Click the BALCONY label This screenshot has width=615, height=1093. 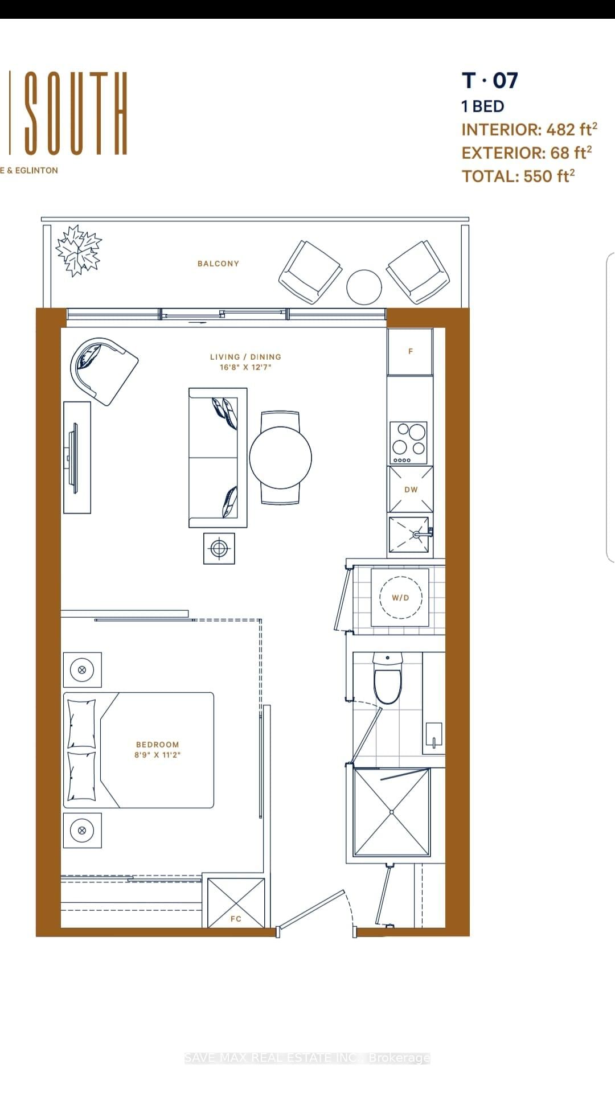pyautogui.click(x=218, y=264)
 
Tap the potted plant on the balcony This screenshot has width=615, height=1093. pyautogui.click(x=79, y=250)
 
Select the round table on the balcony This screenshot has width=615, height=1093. pyautogui.click(x=364, y=287)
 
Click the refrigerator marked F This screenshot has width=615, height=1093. pyautogui.click(x=410, y=351)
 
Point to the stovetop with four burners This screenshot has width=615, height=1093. pyautogui.click(x=409, y=443)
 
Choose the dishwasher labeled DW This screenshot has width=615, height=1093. pyautogui.click(x=411, y=490)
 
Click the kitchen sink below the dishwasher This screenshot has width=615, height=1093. pyautogui.click(x=410, y=535)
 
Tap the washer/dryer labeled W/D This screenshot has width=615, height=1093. pyautogui.click(x=400, y=597)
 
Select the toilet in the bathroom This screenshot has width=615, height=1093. pyautogui.click(x=388, y=679)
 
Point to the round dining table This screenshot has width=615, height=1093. pyautogui.click(x=281, y=457)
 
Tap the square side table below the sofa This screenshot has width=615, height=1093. pyautogui.click(x=219, y=549)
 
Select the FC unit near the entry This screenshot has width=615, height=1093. pyautogui.click(x=236, y=903)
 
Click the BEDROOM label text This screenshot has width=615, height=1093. pyautogui.click(x=158, y=745)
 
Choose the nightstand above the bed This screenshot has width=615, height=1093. pyautogui.click(x=82, y=670)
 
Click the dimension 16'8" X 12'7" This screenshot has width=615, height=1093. pyautogui.click(x=245, y=368)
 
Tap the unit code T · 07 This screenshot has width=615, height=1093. pyautogui.click(x=490, y=80)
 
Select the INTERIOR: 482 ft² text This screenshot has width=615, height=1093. pyautogui.click(x=529, y=129)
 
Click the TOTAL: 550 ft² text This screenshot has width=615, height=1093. pyautogui.click(x=518, y=176)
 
